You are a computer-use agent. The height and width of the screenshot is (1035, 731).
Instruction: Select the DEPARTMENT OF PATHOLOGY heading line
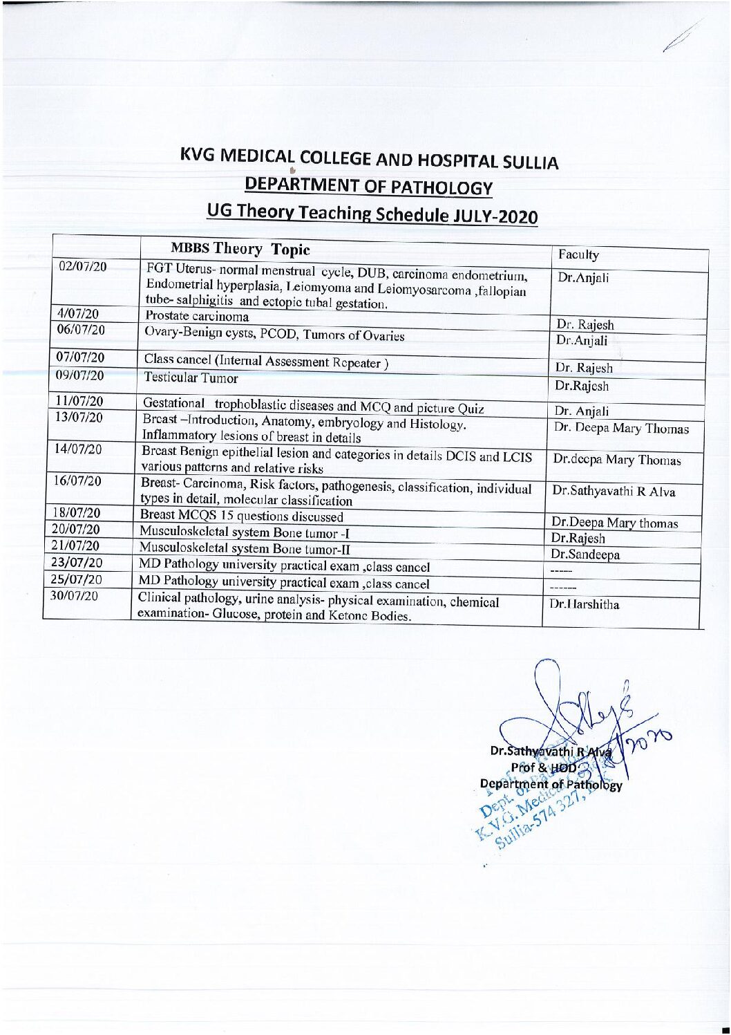point(369,186)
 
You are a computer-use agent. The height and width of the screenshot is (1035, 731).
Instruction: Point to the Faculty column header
point(578,255)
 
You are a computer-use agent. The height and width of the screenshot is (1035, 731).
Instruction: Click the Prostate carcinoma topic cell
point(197,317)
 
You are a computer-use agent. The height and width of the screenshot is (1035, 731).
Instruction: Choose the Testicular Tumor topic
point(191,378)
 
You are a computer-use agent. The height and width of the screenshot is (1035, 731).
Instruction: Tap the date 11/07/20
point(79,401)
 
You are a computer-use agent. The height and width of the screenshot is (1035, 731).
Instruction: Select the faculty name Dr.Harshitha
point(584,604)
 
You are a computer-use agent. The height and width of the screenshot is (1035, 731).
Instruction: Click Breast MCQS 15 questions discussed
point(241,516)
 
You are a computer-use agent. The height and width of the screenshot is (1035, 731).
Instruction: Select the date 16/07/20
point(77,481)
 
